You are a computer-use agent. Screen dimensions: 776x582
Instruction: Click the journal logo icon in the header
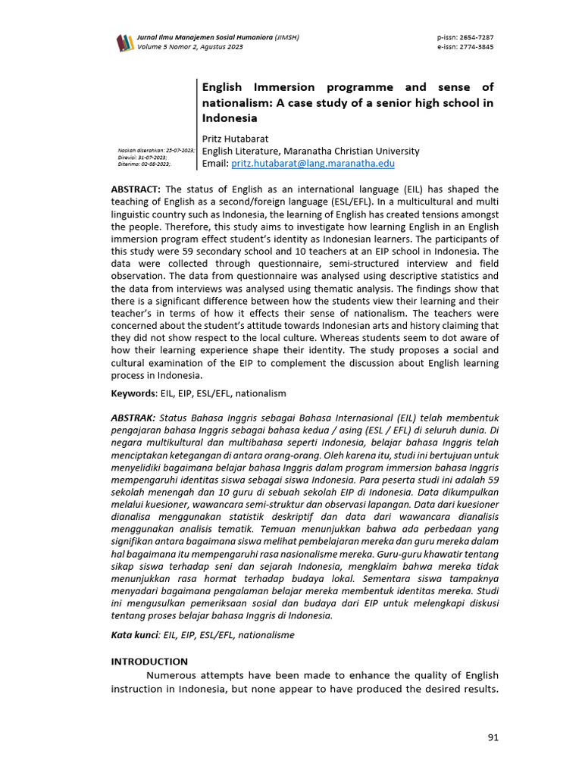pyautogui.click(x=124, y=42)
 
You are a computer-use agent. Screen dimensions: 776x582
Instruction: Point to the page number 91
pyautogui.click(x=493, y=737)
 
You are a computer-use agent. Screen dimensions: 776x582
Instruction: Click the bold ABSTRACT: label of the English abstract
pyautogui.click(x=136, y=189)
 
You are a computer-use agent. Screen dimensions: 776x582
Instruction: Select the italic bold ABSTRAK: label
pyautogui.click(x=133, y=418)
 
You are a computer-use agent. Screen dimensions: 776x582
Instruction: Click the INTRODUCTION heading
pyautogui.click(x=149, y=662)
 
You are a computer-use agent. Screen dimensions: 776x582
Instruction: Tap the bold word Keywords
pyautogui.click(x=133, y=393)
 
